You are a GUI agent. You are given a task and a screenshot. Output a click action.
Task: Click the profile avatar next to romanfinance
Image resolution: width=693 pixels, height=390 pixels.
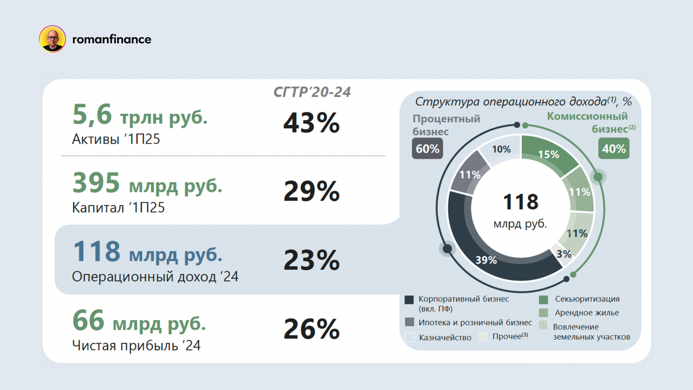click(52, 39)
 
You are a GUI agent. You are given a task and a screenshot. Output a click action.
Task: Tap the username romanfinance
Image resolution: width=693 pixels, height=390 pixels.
click(111, 39)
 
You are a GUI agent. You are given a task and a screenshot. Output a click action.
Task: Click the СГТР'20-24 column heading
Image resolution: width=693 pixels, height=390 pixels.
click(312, 92)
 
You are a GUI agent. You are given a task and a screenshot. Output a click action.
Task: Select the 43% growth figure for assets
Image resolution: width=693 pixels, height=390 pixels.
click(311, 123)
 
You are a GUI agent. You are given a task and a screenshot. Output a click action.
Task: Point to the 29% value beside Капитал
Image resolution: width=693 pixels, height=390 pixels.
click(311, 191)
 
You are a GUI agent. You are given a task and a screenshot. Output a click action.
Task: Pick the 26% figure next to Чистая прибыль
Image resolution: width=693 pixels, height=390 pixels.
click(311, 329)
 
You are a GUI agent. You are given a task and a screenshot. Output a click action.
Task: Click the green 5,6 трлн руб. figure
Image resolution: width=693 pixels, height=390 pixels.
click(140, 116)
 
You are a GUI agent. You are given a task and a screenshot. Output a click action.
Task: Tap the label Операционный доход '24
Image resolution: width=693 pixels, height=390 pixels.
click(155, 277)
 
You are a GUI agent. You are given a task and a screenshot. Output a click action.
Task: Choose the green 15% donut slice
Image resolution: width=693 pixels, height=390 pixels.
click(548, 154)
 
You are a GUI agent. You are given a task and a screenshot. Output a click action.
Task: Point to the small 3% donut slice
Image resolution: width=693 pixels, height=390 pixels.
click(564, 254)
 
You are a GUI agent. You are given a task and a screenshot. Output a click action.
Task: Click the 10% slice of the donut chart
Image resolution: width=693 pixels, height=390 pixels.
click(501, 149)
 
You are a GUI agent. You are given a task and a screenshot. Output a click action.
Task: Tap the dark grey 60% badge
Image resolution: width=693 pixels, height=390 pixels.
click(427, 148)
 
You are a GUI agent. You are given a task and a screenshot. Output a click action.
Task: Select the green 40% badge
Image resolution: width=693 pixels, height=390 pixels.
click(614, 148)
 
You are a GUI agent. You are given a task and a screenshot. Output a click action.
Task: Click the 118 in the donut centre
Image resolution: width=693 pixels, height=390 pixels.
click(520, 202)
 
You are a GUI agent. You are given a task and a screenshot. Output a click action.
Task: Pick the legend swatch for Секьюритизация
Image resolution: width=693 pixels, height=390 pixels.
click(543, 299)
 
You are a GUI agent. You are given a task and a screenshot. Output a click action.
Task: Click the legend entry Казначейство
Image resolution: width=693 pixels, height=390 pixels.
click(445, 337)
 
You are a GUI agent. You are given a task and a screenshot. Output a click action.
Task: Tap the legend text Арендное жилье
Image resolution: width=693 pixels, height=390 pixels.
click(586, 313)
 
